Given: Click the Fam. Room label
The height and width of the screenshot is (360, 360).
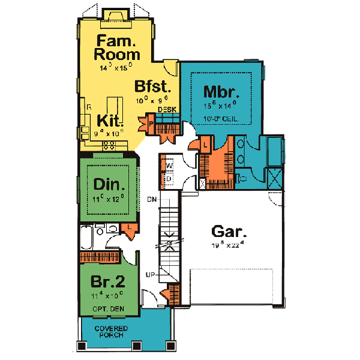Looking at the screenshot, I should [x=118, y=47].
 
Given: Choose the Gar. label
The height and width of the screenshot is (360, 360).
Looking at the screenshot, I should [x=230, y=231].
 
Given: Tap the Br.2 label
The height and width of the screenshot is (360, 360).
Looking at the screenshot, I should [x=107, y=282].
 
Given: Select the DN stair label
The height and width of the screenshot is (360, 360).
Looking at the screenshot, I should [x=153, y=199].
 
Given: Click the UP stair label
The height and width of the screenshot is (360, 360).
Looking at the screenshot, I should [x=152, y=274].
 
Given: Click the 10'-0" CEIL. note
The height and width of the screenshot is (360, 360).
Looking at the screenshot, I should [x=222, y=119].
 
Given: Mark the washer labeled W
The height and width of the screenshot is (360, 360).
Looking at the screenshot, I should [x=169, y=165].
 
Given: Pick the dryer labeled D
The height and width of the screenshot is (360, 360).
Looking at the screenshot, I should [x=169, y=178].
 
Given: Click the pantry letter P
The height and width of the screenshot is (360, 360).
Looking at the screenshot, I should [x=151, y=124].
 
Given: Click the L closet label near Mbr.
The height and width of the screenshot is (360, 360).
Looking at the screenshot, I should [x=204, y=146].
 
